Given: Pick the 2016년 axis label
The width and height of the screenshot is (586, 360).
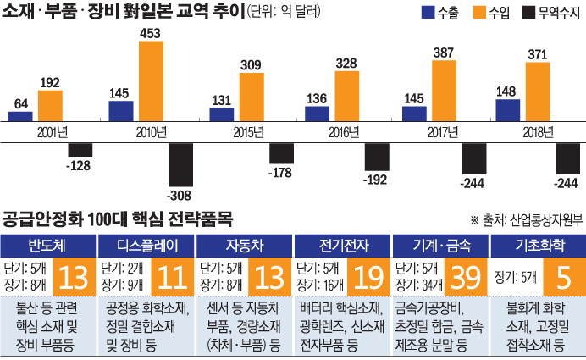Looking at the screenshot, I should point(324,133).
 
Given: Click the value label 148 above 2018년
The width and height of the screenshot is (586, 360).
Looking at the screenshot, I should point(506,91).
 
